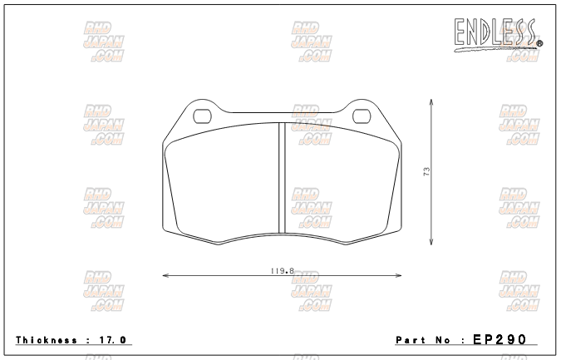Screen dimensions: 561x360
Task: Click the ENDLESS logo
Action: coord(498,35)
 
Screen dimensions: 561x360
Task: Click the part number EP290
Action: coord(499,339)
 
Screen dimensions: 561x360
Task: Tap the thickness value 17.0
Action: coord(112,340)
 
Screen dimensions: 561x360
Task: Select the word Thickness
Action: coord(47,340)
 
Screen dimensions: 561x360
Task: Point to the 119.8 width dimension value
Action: coord(283,271)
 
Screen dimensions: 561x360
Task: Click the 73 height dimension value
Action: coord(426,171)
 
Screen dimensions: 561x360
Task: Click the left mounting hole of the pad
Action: coord(203,116)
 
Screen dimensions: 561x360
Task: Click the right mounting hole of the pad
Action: coord(362,116)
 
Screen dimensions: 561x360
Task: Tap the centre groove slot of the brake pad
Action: coord(282,178)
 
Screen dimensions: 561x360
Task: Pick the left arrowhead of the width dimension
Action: coord(165,275)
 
